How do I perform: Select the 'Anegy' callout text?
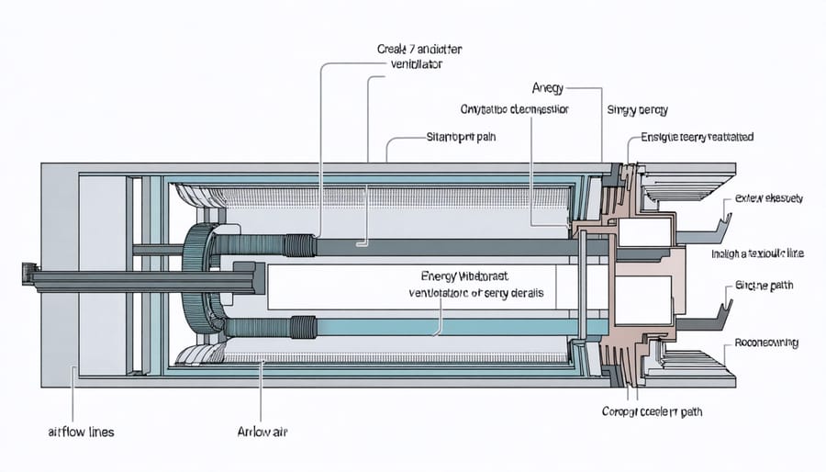pos(547,88)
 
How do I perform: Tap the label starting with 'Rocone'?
pos(766,343)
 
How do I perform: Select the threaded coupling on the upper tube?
pos(300,245)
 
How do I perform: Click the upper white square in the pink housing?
pos(645,233)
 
